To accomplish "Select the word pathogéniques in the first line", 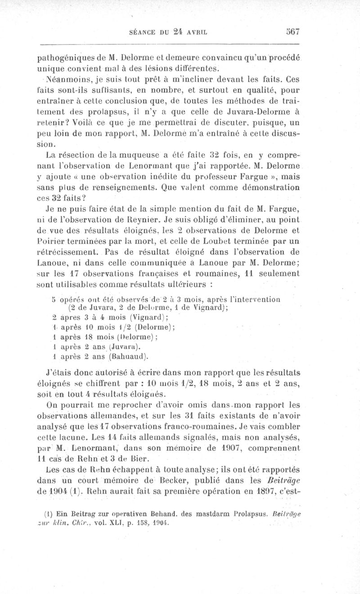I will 63,58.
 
